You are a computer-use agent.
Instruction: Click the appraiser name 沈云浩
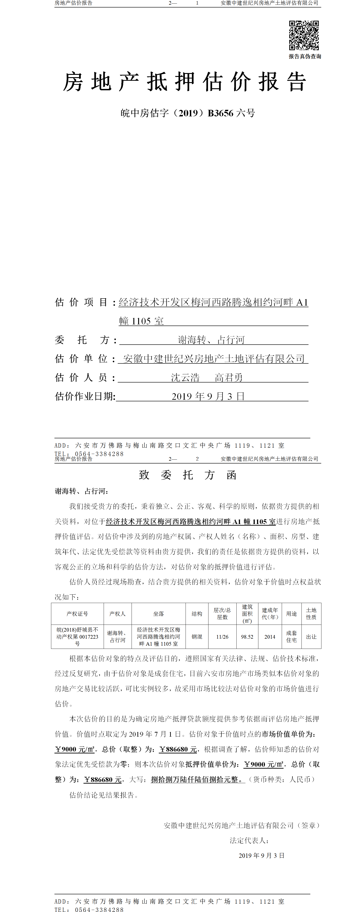pos(185,378)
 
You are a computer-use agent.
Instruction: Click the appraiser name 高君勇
pos(229,378)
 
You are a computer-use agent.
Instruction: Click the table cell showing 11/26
pos(222,637)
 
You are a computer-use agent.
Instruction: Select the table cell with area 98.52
pos(247,637)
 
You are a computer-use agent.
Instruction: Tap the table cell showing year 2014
pos(270,637)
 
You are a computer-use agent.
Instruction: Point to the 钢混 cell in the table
pos(197,637)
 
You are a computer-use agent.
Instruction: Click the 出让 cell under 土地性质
pos(311,637)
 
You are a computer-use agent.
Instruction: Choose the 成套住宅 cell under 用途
pos(291,637)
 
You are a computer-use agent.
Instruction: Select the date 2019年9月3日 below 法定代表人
pos(262,855)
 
